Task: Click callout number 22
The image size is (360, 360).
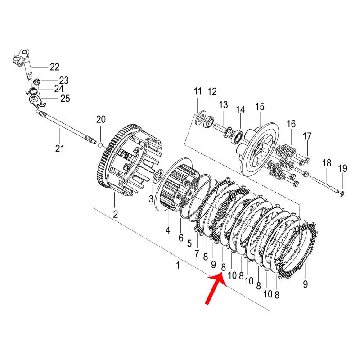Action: (x=54, y=67)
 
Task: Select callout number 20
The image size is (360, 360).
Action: (x=101, y=119)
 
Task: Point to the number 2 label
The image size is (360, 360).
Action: (x=116, y=215)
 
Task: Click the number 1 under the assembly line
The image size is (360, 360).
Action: (x=178, y=265)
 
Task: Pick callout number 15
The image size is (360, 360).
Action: (x=260, y=107)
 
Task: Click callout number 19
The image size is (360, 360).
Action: (x=343, y=169)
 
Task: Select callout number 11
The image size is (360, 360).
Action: (x=198, y=92)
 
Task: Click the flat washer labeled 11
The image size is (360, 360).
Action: (x=200, y=118)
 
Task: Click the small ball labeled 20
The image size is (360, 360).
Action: (x=102, y=145)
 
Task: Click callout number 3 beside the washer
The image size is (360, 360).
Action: (x=151, y=199)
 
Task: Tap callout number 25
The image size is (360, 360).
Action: (x=65, y=99)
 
